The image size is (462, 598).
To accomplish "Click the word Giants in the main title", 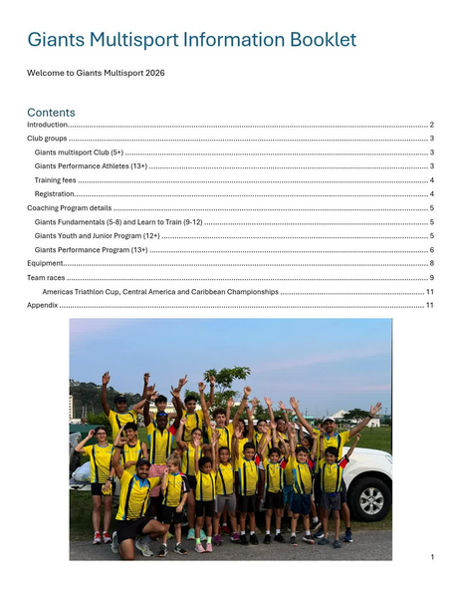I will [x=56, y=40].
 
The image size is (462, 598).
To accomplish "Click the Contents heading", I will [x=51, y=112].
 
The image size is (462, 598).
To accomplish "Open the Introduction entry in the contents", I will [x=47, y=125].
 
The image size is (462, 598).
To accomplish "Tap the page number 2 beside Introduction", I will [x=431, y=125].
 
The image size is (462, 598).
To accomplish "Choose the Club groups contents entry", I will [x=47, y=139].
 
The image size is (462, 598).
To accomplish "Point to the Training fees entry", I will [x=55, y=179].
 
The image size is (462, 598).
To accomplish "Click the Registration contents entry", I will [x=54, y=193].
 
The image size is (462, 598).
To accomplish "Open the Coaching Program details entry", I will [x=69, y=207].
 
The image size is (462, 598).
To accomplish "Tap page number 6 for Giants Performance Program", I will [x=431, y=249].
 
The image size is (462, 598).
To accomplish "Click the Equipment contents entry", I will [x=45, y=263].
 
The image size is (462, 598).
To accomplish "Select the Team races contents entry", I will [x=46, y=277].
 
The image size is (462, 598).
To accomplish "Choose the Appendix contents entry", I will [x=43, y=305].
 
